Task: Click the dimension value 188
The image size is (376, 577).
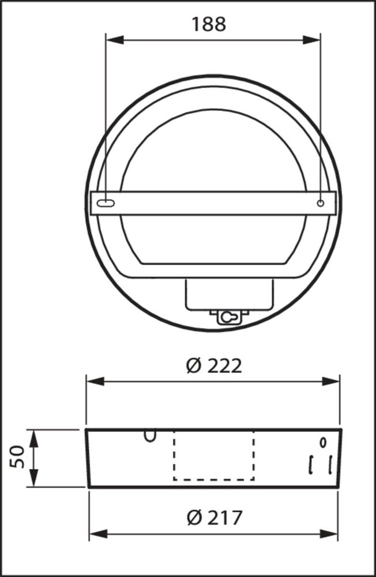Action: (x=209, y=24)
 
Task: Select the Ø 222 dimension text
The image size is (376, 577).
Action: (x=214, y=366)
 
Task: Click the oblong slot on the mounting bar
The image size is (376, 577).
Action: (x=107, y=203)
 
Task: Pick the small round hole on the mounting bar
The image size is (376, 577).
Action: (x=321, y=203)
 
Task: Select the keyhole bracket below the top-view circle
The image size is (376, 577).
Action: (x=229, y=317)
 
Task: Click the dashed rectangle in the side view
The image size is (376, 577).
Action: (x=213, y=456)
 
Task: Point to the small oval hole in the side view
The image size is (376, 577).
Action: (x=322, y=443)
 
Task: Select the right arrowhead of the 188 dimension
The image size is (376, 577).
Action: (x=313, y=40)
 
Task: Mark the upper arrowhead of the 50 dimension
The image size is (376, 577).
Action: (x=33, y=437)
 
